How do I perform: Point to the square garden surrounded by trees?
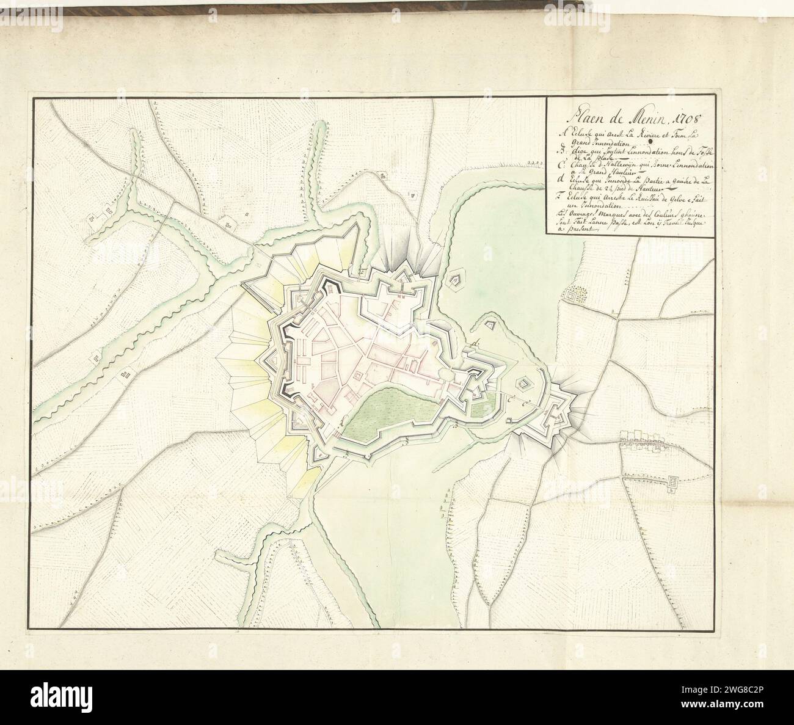(574, 296)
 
